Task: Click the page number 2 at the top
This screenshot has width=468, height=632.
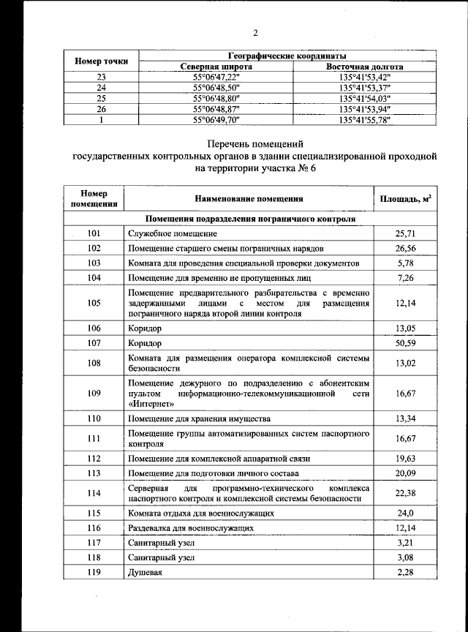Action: click(x=256, y=32)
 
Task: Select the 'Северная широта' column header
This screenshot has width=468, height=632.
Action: click(x=216, y=67)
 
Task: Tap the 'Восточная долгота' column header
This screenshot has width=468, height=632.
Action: click(x=365, y=67)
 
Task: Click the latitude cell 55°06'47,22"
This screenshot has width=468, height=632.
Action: click(x=216, y=77)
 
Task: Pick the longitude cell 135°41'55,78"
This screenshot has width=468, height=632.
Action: click(x=365, y=118)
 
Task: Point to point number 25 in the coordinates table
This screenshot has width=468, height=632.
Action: click(x=102, y=98)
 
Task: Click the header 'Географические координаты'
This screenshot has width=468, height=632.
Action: click(x=287, y=56)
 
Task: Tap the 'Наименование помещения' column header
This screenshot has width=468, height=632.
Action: click(x=249, y=198)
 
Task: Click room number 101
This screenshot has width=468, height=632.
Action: click(x=93, y=233)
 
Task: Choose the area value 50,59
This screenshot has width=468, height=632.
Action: click(x=405, y=342)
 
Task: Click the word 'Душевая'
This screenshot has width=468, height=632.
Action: click(x=144, y=571)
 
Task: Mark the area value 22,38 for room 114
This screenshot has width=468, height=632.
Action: click(x=405, y=492)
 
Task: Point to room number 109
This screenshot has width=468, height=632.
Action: click(x=93, y=393)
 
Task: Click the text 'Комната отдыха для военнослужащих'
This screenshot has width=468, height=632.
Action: click(x=201, y=513)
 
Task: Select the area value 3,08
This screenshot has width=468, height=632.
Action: click(x=405, y=557)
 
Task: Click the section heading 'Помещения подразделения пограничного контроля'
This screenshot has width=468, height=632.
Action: click(x=251, y=219)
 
